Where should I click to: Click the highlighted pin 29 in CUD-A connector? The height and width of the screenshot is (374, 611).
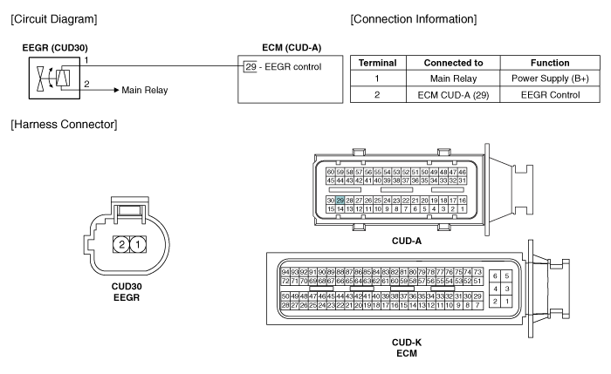click(340, 201)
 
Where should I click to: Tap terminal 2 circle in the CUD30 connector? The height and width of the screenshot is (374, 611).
click(121, 244)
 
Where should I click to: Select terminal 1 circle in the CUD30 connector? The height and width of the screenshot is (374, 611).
click(138, 244)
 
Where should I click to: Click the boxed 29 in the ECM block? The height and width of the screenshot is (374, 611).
click(251, 66)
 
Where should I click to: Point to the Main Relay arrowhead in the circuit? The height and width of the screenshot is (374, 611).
click(116, 90)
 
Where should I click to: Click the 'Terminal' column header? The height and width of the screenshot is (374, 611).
click(378, 63)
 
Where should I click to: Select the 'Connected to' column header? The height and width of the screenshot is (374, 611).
click(453, 63)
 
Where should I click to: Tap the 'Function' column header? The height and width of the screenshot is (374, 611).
click(550, 63)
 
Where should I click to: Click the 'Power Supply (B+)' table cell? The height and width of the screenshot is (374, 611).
click(550, 78)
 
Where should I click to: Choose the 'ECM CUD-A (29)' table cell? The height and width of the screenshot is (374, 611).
click(453, 94)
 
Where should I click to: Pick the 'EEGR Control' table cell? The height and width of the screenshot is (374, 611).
click(550, 94)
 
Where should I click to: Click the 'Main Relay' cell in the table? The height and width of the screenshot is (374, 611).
click(453, 78)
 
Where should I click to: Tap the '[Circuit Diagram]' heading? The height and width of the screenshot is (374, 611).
click(54, 19)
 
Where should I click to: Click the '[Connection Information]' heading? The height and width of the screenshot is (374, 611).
click(414, 19)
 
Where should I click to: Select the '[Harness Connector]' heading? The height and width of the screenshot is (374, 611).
click(64, 124)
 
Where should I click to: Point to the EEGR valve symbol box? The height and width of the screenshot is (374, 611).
click(54, 78)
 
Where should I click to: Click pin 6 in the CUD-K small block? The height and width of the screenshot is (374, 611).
click(495, 276)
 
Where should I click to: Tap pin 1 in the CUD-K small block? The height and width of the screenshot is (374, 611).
click(506, 301)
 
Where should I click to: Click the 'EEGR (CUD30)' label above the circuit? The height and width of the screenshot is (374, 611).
click(55, 48)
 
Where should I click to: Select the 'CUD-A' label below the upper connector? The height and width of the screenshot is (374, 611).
click(407, 241)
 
